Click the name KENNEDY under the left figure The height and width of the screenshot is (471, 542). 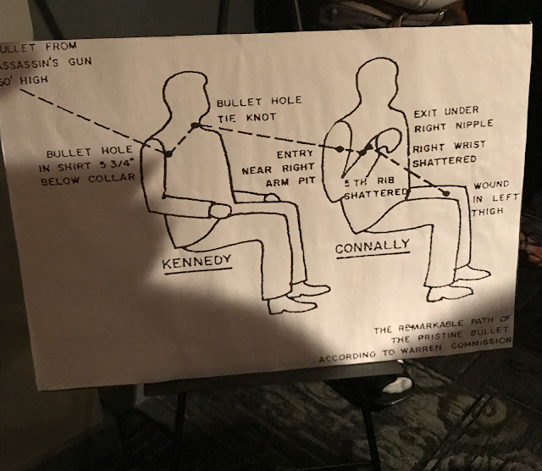click(x=196, y=262)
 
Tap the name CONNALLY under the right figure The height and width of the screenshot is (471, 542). click(x=373, y=246)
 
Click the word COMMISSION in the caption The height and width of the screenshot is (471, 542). click(x=481, y=343)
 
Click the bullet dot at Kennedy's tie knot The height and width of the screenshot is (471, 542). click(x=196, y=125)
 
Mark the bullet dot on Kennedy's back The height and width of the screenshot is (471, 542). click(x=169, y=152)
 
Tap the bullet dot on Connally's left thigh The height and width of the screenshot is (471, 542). click(x=446, y=192)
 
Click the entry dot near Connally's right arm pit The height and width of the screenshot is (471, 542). click(x=340, y=149)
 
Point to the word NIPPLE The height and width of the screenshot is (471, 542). click(x=474, y=125)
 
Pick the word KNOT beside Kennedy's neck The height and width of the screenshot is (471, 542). click(x=261, y=117)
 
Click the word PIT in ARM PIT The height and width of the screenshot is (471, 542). click(x=307, y=181)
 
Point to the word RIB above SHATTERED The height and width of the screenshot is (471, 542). click(x=385, y=180)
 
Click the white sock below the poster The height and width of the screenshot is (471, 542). click(x=399, y=385)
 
